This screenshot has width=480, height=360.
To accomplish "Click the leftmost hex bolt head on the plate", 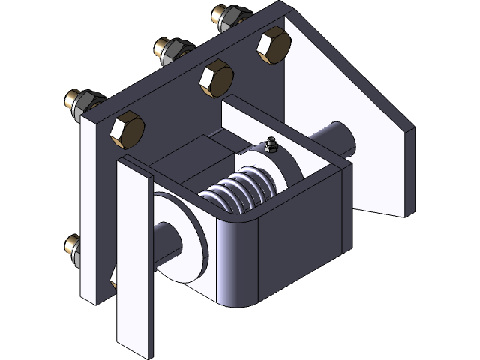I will click(127, 129).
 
